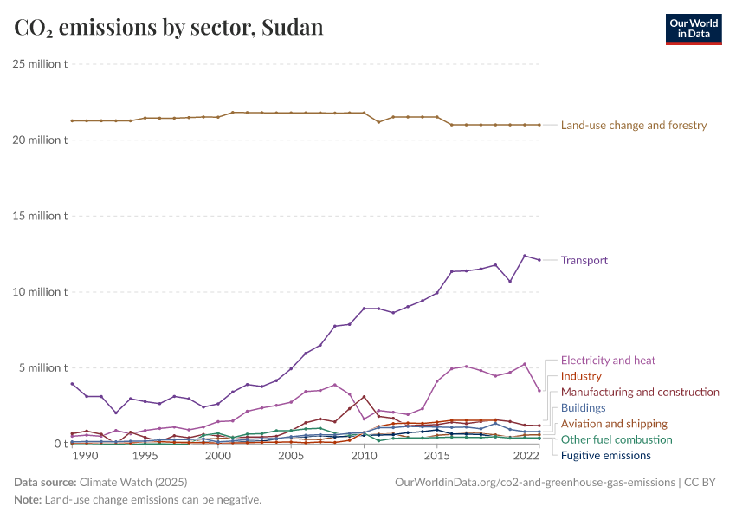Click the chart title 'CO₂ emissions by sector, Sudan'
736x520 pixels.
click(169, 28)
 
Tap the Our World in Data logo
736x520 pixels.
click(693, 29)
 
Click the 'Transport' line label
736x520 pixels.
click(584, 260)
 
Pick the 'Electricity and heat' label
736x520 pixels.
click(608, 361)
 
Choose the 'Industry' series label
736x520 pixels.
click(581, 376)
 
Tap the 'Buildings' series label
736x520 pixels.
click(583, 407)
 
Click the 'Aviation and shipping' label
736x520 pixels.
click(614, 424)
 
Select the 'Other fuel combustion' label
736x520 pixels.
click(617, 439)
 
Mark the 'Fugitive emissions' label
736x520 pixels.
click(605, 455)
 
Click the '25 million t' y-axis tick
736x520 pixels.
click(40, 64)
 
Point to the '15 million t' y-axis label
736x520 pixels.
click(40, 216)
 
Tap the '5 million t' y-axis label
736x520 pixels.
click(42, 367)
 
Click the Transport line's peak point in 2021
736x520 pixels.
click(525, 256)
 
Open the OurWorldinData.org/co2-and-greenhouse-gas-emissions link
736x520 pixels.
click(533, 482)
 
